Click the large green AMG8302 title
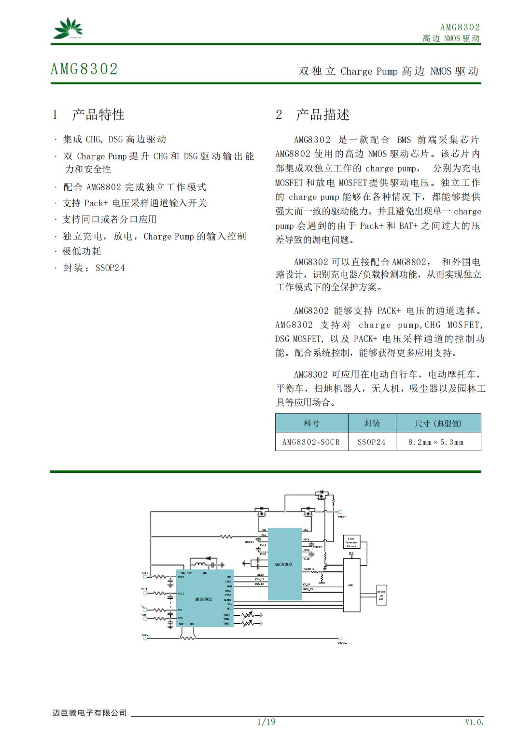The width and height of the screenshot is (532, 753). [x=84, y=69]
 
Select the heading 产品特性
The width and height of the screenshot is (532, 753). [x=98, y=114]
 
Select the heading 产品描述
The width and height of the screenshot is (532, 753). [x=322, y=114]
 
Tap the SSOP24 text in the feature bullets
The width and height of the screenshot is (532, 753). [x=110, y=268]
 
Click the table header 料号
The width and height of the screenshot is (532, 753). [x=311, y=423]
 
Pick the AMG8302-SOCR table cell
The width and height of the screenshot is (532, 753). [x=311, y=442]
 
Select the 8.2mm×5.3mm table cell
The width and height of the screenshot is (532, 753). [x=436, y=442]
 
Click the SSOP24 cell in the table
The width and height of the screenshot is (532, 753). [x=371, y=442]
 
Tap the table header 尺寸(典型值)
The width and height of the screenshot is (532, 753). [x=438, y=423]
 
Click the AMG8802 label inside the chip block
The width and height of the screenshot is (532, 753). [x=203, y=599]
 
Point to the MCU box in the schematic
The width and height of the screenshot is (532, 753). [x=351, y=585]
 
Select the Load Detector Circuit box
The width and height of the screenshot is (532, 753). [x=351, y=542]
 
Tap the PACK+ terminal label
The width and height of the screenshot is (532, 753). [x=342, y=517]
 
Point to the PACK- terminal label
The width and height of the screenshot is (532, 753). [x=342, y=643]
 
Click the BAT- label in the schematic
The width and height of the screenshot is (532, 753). [x=145, y=635]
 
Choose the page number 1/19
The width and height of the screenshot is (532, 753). [x=266, y=722]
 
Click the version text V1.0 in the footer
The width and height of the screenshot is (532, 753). [x=474, y=722]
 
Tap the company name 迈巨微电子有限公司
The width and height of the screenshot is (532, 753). [x=89, y=713]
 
